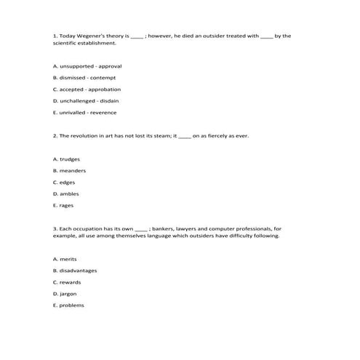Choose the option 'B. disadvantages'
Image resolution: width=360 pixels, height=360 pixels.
(x=75, y=271)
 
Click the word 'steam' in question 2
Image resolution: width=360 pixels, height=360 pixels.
(x=161, y=136)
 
